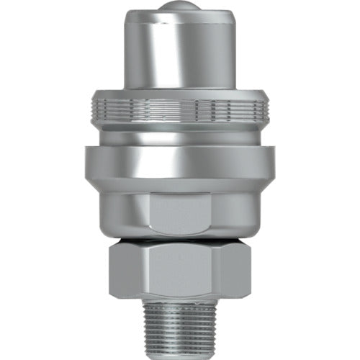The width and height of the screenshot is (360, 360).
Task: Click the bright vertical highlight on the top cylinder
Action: coord(148,50)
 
